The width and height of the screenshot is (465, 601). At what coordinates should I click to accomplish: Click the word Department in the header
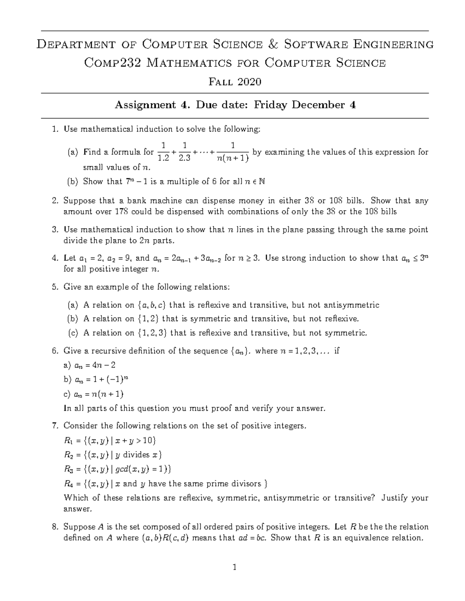tap(75, 45)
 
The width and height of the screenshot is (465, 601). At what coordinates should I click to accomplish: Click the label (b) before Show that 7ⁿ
tap(72, 181)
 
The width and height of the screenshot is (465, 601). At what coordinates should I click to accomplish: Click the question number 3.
tap(55, 229)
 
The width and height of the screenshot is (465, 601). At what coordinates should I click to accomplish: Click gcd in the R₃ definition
tap(124, 469)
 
